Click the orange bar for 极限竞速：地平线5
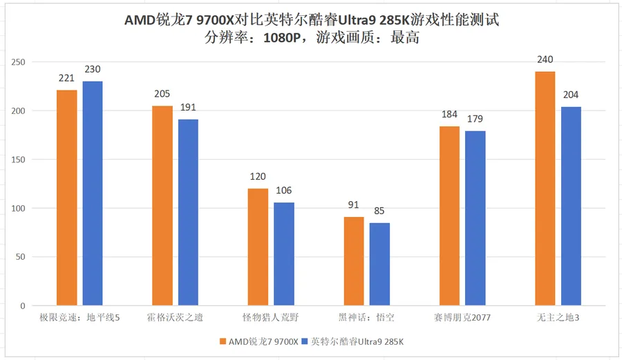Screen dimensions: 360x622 click(67, 198)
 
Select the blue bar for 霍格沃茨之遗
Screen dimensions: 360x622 click(188, 212)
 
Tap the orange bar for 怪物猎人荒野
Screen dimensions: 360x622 click(258, 247)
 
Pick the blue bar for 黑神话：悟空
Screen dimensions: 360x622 click(379, 264)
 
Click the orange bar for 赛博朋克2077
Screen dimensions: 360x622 click(449, 216)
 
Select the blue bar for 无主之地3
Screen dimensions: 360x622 click(571, 206)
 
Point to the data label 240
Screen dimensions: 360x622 click(545, 59)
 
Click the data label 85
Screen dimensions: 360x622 click(379, 211)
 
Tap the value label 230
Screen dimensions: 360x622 click(93, 69)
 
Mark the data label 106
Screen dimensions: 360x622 click(284, 190)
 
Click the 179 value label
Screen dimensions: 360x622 click(475, 119)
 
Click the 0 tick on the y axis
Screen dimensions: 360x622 click(23, 306)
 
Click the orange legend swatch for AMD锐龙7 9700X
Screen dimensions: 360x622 click(222, 341)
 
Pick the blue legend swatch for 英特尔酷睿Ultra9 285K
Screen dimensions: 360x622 click(305, 341)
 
